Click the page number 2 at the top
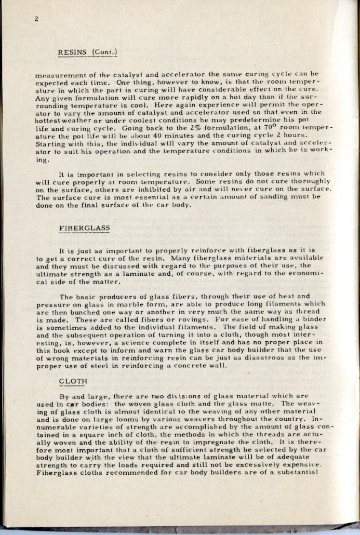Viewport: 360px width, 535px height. tap(37, 19)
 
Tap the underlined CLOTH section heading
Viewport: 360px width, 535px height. tap(72, 381)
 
